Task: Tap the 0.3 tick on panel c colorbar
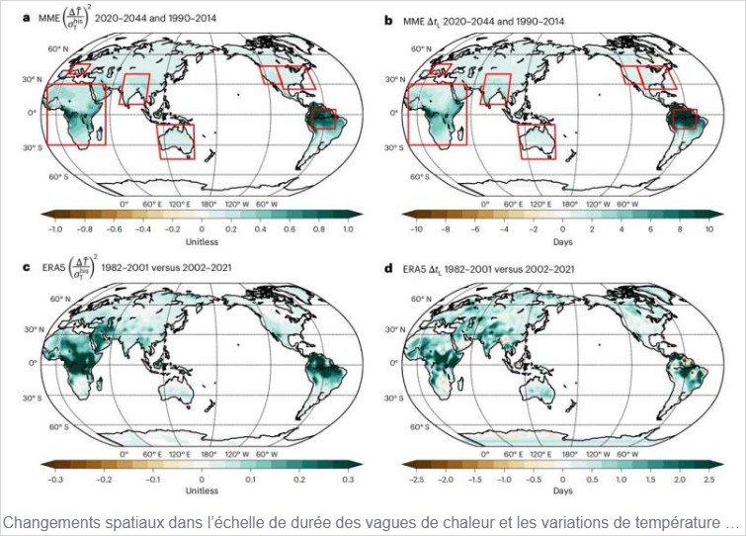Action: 348,478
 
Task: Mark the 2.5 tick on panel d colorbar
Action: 707,478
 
